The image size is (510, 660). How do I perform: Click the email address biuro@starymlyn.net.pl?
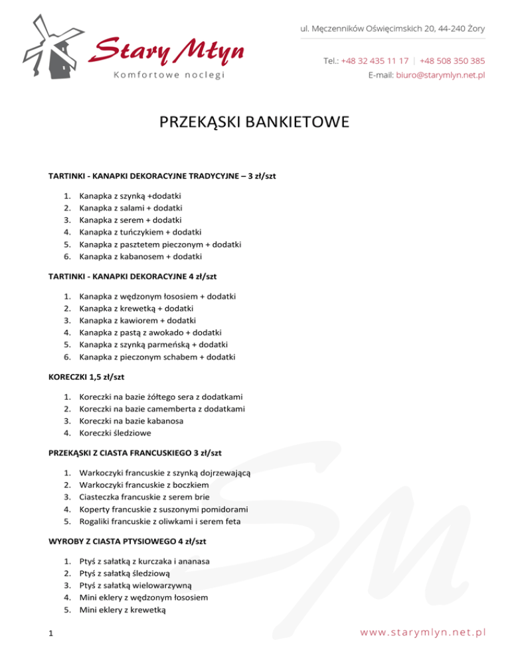440,75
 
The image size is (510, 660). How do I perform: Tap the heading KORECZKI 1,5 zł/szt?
86,376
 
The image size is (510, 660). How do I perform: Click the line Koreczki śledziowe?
114,432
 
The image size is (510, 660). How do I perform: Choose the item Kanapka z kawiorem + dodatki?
130,321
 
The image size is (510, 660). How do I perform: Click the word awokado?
164,333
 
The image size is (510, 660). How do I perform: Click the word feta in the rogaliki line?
232,521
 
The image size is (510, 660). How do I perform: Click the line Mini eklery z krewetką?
126,609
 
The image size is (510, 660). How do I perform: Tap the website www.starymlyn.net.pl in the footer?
423,632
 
